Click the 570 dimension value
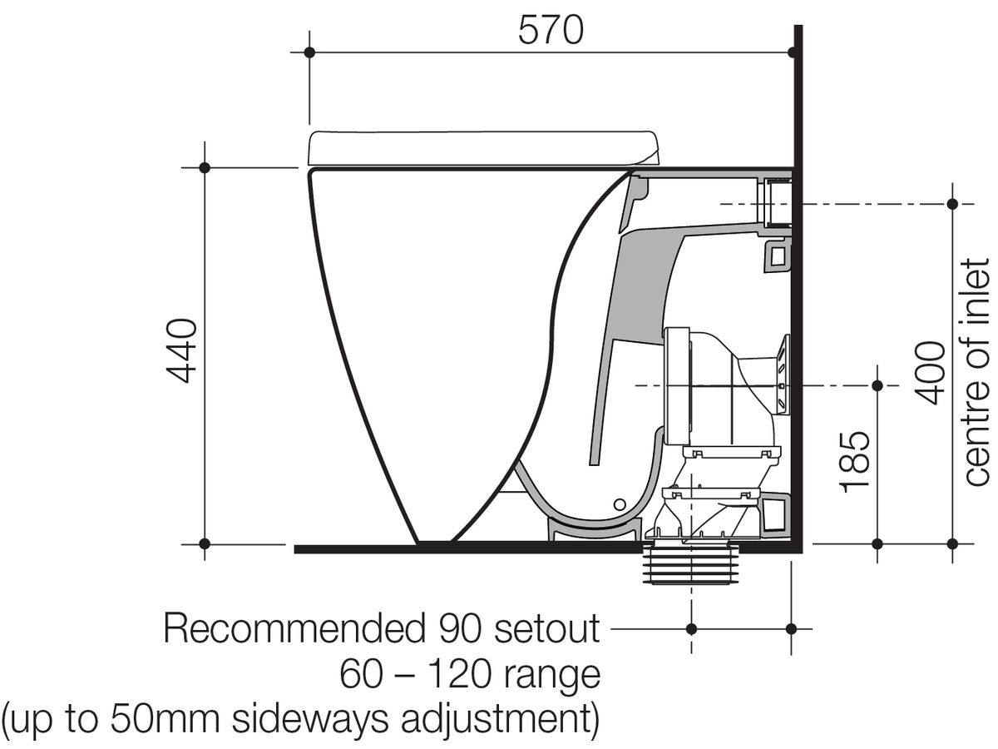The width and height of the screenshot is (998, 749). (551, 31)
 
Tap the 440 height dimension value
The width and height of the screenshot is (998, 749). (182, 351)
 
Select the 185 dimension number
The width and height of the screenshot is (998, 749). (855, 462)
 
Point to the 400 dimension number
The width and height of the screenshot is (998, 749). (930, 373)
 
